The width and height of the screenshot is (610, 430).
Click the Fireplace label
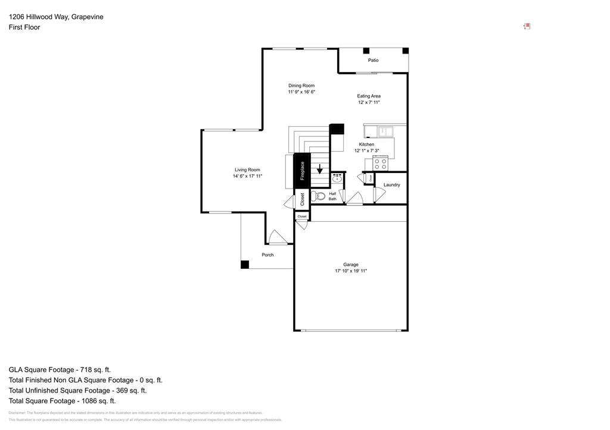(x=302, y=171)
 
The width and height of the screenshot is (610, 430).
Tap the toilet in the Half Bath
(x=319, y=196)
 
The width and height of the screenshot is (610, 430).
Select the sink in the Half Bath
(x=337, y=178)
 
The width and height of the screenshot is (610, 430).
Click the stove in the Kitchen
(x=380, y=163)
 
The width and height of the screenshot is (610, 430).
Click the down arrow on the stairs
(x=320, y=169)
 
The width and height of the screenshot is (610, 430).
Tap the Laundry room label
(x=391, y=185)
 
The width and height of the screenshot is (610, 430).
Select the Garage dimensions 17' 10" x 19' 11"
(x=350, y=271)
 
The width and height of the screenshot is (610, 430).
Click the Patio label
(x=373, y=60)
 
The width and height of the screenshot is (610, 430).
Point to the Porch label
(x=267, y=255)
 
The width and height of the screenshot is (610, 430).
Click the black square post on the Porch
(x=244, y=265)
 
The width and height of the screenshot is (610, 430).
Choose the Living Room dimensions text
(x=247, y=176)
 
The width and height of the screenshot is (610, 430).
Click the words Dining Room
(x=301, y=86)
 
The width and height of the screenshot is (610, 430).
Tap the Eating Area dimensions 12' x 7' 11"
(x=369, y=102)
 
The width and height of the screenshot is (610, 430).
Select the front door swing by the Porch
(x=277, y=237)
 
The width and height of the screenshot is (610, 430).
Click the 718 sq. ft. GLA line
(x=60, y=369)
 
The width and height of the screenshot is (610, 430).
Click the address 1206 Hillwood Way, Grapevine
(x=56, y=17)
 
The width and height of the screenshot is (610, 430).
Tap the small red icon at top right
(x=527, y=26)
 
